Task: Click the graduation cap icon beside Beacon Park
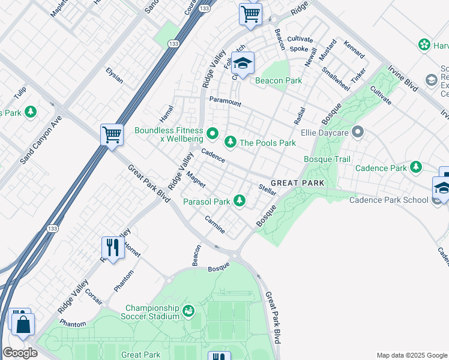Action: point(243,63)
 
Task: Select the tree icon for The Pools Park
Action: point(229,143)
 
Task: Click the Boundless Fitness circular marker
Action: point(211,133)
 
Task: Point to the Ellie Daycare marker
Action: point(358,131)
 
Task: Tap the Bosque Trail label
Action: point(327,159)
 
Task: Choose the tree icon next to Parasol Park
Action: point(240,201)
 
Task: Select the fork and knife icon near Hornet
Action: point(112,246)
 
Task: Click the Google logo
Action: point(20,353)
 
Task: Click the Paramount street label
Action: point(225,103)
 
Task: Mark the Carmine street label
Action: point(214,224)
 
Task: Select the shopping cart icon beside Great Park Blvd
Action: point(112,134)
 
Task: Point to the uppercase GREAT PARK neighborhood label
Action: point(297,183)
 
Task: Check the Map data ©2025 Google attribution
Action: point(411,355)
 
